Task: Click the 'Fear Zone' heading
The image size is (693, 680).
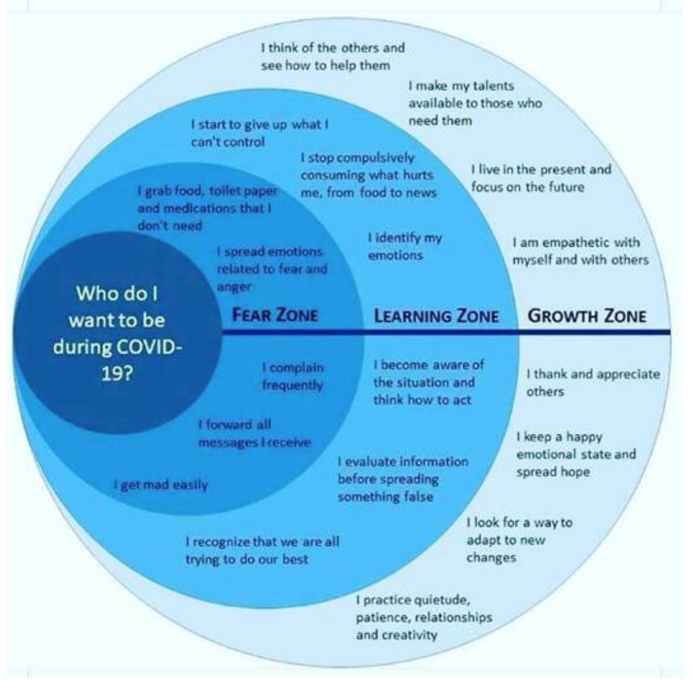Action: pyautogui.click(x=274, y=315)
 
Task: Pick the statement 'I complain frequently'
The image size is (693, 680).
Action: pyautogui.click(x=292, y=376)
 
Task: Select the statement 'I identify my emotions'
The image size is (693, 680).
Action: pyautogui.click(x=404, y=247)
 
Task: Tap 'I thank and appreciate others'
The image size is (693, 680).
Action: pyautogui.click(x=592, y=383)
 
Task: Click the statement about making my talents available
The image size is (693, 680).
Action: pyautogui.click(x=475, y=103)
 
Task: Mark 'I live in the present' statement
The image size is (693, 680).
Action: pyautogui.click(x=540, y=178)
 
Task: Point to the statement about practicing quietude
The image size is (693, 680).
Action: pyautogui.click(x=424, y=617)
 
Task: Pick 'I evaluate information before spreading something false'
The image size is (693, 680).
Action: pyautogui.click(x=403, y=479)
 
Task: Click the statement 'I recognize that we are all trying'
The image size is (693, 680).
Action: pyautogui.click(x=262, y=549)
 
